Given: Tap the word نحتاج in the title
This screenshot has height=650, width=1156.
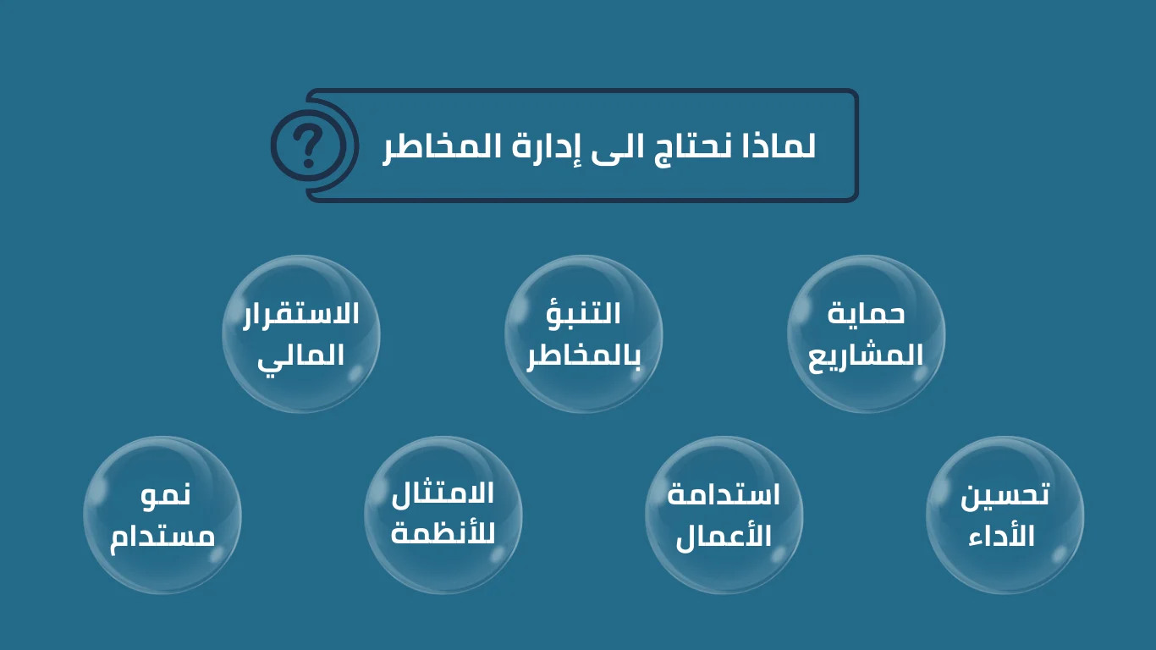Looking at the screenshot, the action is pos(690,148).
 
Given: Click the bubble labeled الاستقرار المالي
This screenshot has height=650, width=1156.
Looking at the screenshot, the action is pos(301,334).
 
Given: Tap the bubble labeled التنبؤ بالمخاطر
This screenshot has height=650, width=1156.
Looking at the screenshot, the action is pos(584,334).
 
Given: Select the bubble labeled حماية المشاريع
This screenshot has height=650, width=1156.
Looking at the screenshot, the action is pos(867,334).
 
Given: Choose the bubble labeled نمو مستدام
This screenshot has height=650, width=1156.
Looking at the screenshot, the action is pos(162,515).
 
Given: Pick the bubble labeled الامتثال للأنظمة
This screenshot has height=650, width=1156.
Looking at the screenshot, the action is pos(443,515).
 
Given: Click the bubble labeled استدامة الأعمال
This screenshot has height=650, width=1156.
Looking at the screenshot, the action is pos(724,515).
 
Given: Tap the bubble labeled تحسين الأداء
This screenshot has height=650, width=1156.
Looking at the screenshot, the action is pos(1005,515).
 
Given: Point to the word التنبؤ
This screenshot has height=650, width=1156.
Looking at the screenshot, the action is pos(583,311).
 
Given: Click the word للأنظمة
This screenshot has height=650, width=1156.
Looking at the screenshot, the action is pos(443,534).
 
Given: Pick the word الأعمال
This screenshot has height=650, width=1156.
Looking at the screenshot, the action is pos(724,537).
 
